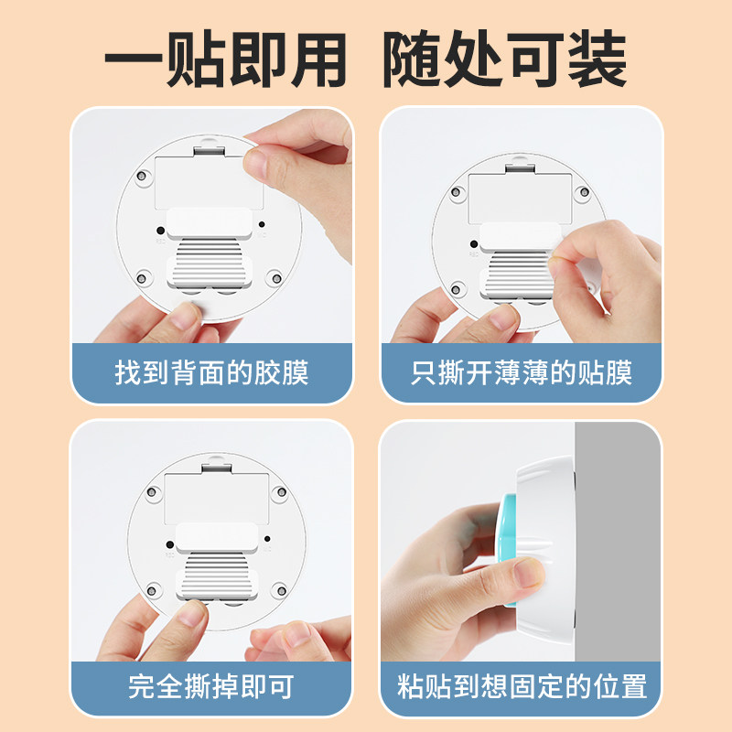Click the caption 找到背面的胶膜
(x=211, y=372)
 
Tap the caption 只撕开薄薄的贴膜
(x=522, y=372)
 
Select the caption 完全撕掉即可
(x=211, y=686)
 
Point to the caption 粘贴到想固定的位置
(x=522, y=686)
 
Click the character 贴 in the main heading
(x=196, y=59)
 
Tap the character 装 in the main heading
(x=597, y=59)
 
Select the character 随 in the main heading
(x=413, y=59)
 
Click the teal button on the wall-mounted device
(x=507, y=550)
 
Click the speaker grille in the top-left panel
(x=210, y=262)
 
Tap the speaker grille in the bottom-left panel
(x=217, y=575)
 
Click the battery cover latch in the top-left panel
(x=210, y=150)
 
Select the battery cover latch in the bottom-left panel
(x=217, y=468)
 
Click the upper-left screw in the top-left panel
(x=142, y=177)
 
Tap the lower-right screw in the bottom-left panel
(x=281, y=591)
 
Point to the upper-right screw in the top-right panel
(x=583, y=192)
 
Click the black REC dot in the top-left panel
(x=161, y=231)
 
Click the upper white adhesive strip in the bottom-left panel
(x=217, y=538)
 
